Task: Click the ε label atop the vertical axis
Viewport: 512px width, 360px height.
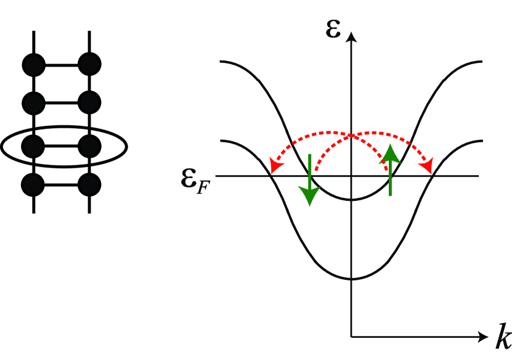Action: pyautogui.click(x=333, y=28)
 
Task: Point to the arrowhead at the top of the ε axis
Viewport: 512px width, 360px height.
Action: pyautogui.click(x=351, y=37)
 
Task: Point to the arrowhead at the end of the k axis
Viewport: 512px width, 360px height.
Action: pyautogui.click(x=482, y=337)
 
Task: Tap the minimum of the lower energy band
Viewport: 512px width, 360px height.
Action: pyautogui.click(x=351, y=279)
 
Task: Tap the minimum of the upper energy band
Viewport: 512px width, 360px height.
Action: pyautogui.click(x=351, y=200)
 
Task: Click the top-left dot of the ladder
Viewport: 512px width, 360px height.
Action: pyautogui.click(x=33, y=64)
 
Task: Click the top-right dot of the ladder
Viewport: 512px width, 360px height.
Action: pyautogui.click(x=90, y=64)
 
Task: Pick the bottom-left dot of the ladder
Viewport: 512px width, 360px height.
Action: pyautogui.click(x=33, y=184)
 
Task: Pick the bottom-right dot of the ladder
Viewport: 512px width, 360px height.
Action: pyautogui.click(x=90, y=184)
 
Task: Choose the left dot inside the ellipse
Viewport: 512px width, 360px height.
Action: pyautogui.click(x=33, y=147)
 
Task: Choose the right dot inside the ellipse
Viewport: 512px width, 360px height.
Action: pyautogui.click(x=90, y=147)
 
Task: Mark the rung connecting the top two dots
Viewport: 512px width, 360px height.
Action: pyautogui.click(x=62, y=64)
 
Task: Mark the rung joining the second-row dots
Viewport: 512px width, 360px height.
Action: pyautogui.click(x=62, y=100)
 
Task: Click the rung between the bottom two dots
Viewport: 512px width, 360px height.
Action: pyautogui.click(x=62, y=184)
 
